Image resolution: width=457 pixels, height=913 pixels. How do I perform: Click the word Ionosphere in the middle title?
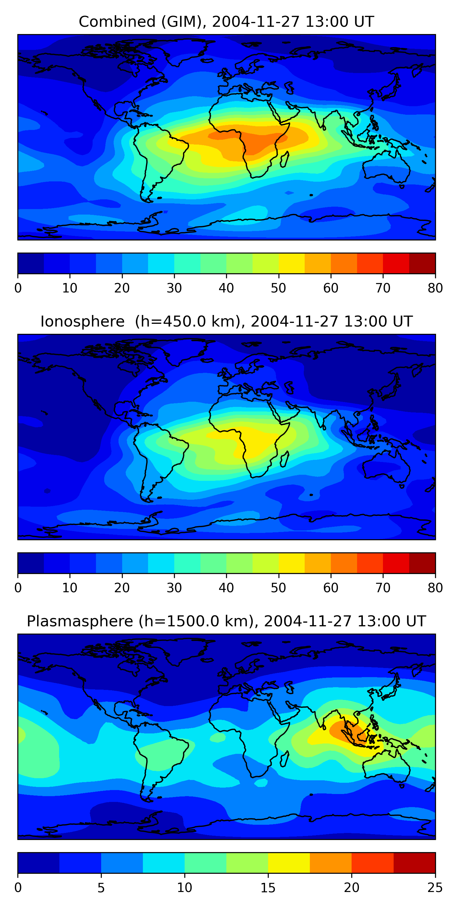click(x=82, y=321)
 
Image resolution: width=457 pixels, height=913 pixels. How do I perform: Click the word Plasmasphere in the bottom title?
click(x=80, y=621)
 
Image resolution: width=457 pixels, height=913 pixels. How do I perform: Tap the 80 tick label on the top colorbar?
click(x=435, y=288)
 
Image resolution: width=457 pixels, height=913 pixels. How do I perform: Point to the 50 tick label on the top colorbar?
click(x=278, y=288)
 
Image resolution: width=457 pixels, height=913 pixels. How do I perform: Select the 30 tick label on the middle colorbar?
click(x=174, y=588)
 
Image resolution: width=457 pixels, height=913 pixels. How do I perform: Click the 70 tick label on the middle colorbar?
click(x=383, y=588)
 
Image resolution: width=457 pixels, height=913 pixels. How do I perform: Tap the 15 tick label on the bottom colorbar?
click(x=268, y=888)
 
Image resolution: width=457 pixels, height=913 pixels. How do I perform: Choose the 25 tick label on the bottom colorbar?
click(x=435, y=888)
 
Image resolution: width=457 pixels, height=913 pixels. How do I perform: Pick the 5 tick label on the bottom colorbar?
click(x=101, y=888)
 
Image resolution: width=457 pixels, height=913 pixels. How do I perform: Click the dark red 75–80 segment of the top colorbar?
click(x=422, y=263)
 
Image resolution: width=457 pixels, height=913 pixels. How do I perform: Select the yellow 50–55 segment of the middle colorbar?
click(x=292, y=563)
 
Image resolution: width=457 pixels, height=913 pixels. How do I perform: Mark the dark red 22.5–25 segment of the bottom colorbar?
click(x=414, y=863)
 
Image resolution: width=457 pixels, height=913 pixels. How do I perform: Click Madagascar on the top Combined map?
click(x=285, y=159)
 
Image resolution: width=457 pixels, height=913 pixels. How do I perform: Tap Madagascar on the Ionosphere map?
click(x=285, y=459)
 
